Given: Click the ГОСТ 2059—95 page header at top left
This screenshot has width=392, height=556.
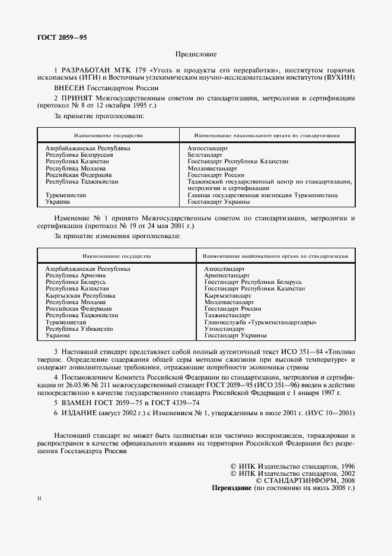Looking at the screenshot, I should pos(54,37).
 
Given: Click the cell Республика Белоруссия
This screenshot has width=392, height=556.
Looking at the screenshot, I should pos(79,154).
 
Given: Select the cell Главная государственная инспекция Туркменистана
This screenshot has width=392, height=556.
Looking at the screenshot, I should pos(263,195).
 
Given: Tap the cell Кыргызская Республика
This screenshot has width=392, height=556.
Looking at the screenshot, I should pos(80,295).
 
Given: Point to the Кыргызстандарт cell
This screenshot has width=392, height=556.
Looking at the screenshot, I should pos(228,295).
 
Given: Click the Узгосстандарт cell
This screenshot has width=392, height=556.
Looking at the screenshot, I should pos(224,328).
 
